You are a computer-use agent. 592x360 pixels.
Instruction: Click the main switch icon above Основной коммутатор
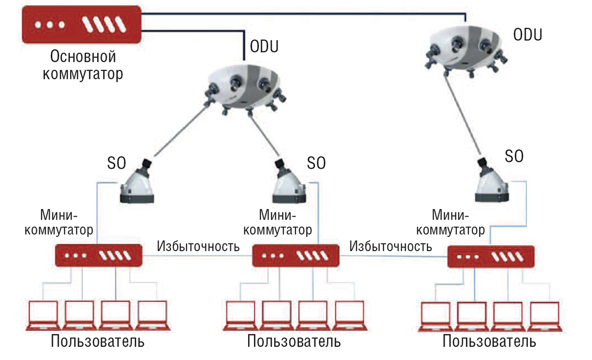pos(82,24)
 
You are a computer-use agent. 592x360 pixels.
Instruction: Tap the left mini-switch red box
pos(99,255)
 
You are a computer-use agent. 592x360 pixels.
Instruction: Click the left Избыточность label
pos(198,246)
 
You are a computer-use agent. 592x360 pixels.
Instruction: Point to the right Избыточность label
pos(391,245)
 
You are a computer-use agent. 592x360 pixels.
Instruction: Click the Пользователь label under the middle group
pos(294,342)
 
